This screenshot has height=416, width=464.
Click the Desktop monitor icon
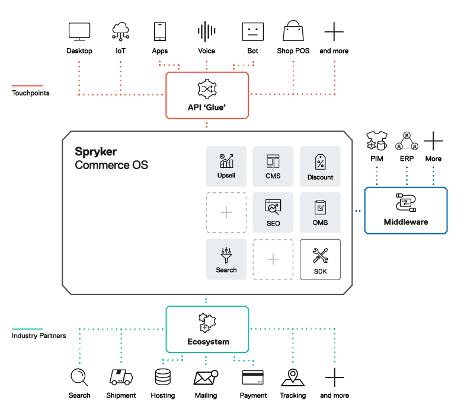pyautogui.click(x=79, y=31)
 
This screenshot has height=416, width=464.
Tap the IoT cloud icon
pyautogui.click(x=120, y=31)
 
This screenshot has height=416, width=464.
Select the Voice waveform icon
pyautogui.click(x=206, y=31)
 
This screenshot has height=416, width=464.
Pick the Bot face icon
pyautogui.click(x=252, y=31)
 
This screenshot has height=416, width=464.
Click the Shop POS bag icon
pyautogui.click(x=293, y=31)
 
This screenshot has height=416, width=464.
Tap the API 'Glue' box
pyautogui.click(x=207, y=95)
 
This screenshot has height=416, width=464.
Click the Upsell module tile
pyautogui.click(x=226, y=166)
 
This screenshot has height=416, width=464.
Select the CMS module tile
pyautogui.click(x=273, y=166)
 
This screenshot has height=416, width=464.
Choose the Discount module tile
pyautogui.click(x=320, y=166)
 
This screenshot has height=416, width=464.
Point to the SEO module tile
pyautogui.click(x=273, y=212)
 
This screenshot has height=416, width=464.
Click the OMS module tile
pyautogui.click(x=320, y=212)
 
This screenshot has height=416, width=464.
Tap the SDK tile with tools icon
pyautogui.click(x=320, y=259)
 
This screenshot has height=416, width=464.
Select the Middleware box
pyautogui.click(x=405, y=210)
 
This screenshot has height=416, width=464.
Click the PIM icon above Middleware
pyautogui.click(x=376, y=142)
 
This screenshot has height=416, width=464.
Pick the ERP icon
pyautogui.click(x=407, y=142)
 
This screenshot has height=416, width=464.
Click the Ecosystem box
pyautogui.click(x=207, y=329)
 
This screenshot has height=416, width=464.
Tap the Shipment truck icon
pyautogui.click(x=121, y=377)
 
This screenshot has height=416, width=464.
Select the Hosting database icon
pyautogui.click(x=163, y=377)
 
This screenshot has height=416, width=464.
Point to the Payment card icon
pyautogui.click(x=253, y=377)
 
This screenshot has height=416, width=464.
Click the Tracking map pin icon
pyautogui.click(x=293, y=377)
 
